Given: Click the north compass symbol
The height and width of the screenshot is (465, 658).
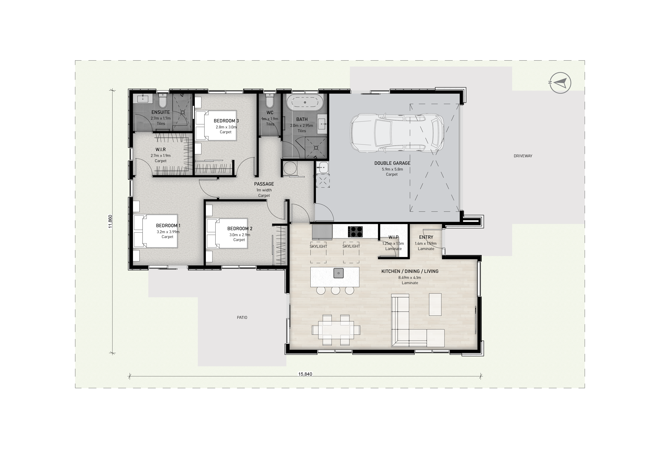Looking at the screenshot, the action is click(x=559, y=83).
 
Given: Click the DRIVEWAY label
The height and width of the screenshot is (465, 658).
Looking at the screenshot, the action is click(x=523, y=156).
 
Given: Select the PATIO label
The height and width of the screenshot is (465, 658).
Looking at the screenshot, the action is click(x=242, y=317).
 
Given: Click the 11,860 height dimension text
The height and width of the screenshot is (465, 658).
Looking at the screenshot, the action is click(x=110, y=222).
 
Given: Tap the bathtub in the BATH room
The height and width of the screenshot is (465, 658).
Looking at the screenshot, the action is click(x=305, y=103).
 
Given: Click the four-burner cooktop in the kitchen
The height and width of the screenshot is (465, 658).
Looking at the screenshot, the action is click(x=355, y=232).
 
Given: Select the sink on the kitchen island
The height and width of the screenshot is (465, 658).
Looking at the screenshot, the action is click(x=338, y=273).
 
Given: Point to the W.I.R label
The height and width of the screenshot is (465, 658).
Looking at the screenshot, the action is click(x=161, y=149).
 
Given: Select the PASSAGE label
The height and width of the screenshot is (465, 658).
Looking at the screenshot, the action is click(x=264, y=184).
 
